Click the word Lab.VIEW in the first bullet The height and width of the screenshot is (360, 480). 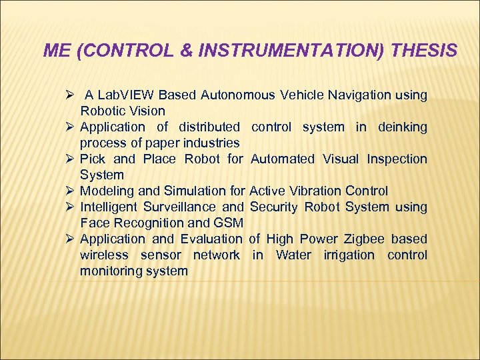[x=126, y=95]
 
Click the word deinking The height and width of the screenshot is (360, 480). [x=402, y=127]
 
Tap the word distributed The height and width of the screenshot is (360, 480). [x=209, y=127]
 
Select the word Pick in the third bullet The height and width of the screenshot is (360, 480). [x=92, y=159]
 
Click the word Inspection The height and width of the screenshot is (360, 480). [x=395, y=159]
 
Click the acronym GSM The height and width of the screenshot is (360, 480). [x=229, y=223]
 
